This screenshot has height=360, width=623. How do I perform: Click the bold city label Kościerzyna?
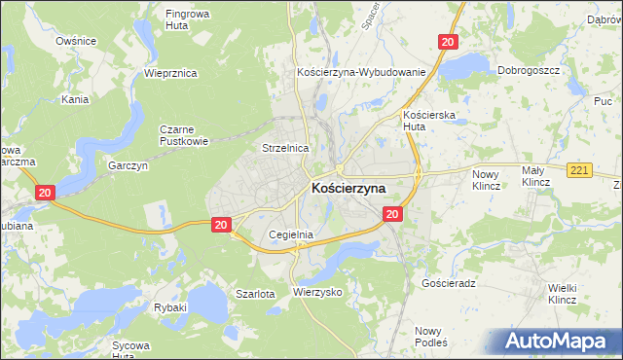pyautogui.click(x=348, y=188)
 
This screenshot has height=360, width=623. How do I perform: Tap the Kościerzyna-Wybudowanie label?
pyautogui.click(x=361, y=72)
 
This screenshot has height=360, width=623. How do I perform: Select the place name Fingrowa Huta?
pyautogui.click(x=190, y=20)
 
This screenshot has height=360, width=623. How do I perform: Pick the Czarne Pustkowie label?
pyautogui.click(x=186, y=134)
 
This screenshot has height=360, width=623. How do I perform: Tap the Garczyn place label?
pyautogui.click(x=128, y=166)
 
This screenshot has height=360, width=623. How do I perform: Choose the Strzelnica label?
pyautogui.click(x=285, y=148)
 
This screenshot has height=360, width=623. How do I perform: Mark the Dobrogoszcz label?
pyautogui.click(x=527, y=70)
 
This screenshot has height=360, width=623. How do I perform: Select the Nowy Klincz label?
pyautogui.click(x=485, y=178)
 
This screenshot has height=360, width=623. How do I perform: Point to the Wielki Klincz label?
pyautogui.click(x=563, y=293)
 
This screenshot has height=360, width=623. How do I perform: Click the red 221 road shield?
pyautogui.click(x=579, y=171)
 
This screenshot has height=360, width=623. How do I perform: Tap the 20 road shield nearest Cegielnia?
pyautogui.click(x=221, y=225)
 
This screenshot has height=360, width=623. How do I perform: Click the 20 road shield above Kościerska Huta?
pyautogui.click(x=447, y=42)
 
